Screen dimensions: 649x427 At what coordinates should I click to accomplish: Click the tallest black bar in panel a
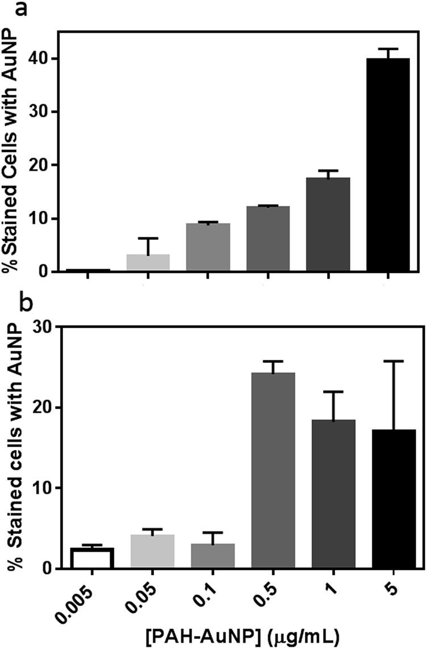[x=388, y=165]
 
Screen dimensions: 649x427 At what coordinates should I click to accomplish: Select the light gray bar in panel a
[x=148, y=263]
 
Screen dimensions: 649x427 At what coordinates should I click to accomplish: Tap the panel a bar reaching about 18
[x=328, y=225]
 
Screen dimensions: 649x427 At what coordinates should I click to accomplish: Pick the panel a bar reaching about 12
[x=268, y=239]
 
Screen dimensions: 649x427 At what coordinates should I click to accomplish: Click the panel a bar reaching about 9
[x=208, y=248]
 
